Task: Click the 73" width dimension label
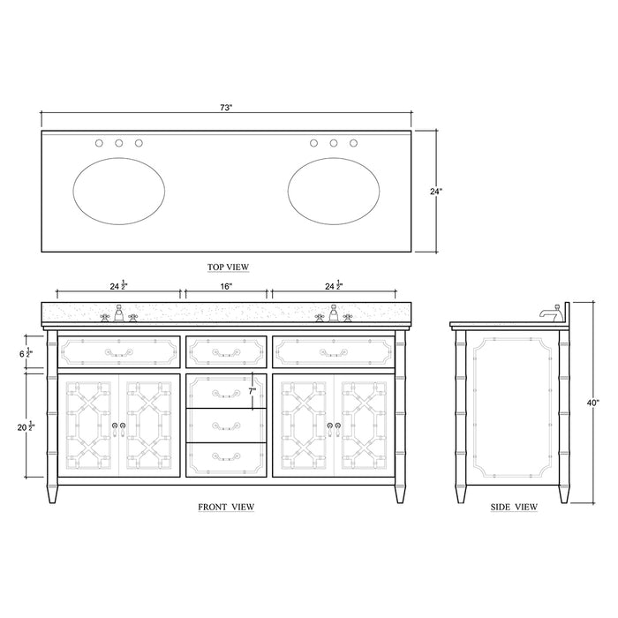pos(227,108)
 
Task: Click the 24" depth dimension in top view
pos(436,190)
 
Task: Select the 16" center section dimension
pos(226,287)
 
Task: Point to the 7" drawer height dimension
pos(252,390)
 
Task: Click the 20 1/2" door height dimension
pos(27,426)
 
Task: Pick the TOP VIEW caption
pos(227,266)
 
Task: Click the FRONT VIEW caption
pos(227,507)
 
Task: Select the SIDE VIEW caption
pos(514,507)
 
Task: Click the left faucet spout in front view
pos(118,313)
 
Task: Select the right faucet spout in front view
pos(334,313)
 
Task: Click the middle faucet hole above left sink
pos(118,143)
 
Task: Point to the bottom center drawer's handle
pos(226,456)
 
